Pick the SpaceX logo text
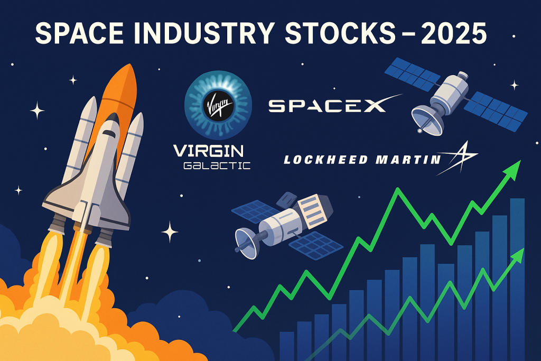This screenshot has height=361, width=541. pos(328,105)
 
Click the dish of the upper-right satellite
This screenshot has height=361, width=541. pos(426,117)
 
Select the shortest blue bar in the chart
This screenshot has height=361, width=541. pos(286,346)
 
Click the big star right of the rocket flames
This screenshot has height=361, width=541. pos(170,232)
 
